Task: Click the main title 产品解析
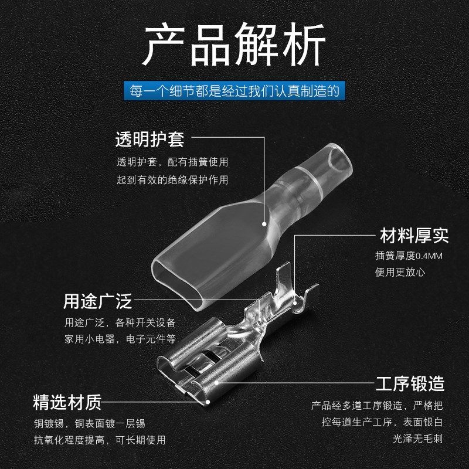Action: [x=234, y=45]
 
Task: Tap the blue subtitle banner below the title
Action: [x=234, y=91]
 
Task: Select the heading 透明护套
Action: [x=149, y=140]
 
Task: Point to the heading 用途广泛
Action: [x=97, y=302]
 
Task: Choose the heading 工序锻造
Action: [x=410, y=384]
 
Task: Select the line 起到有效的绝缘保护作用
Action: [x=172, y=180]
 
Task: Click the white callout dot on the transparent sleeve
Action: [x=264, y=223]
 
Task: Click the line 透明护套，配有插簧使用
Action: [x=172, y=162]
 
